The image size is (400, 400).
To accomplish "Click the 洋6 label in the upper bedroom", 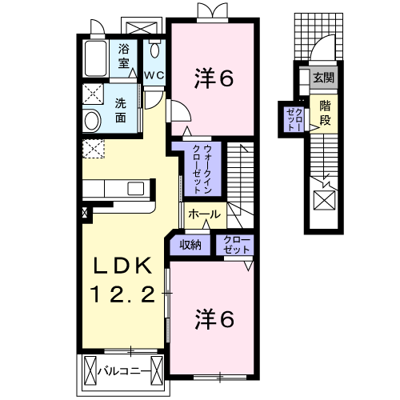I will click(x=214, y=78).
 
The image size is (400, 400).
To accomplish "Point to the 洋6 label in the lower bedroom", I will click(x=214, y=319).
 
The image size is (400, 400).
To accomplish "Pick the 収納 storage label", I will click(x=190, y=245).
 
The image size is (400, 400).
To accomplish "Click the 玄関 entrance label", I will click(x=324, y=78).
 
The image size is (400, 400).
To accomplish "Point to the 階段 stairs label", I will click(x=325, y=112).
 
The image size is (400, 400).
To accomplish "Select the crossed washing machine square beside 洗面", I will click(x=94, y=94).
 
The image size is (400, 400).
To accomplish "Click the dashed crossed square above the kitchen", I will click(x=93, y=150).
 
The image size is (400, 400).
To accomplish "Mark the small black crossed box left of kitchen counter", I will click(x=86, y=214).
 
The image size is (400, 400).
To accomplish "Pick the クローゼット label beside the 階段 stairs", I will click(x=294, y=118).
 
